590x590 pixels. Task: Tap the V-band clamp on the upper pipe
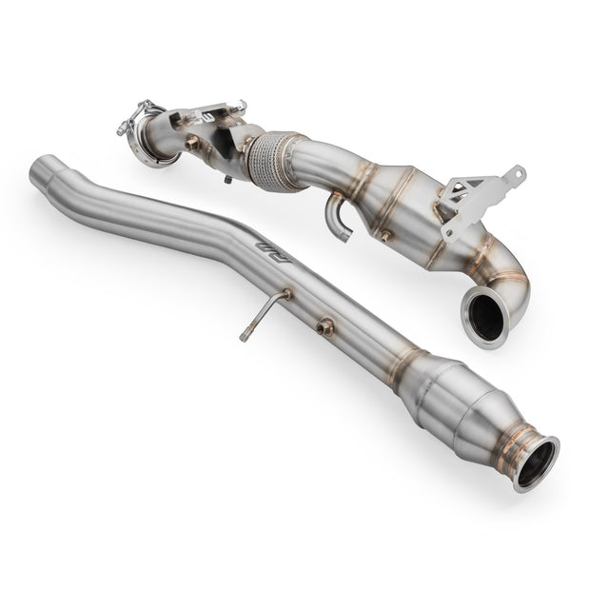click(143, 132)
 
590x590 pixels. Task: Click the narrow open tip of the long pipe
click(39, 171)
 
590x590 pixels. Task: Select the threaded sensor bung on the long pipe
click(324, 326)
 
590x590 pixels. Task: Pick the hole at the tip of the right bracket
click(517, 173)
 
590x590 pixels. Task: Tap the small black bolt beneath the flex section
click(229, 178)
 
